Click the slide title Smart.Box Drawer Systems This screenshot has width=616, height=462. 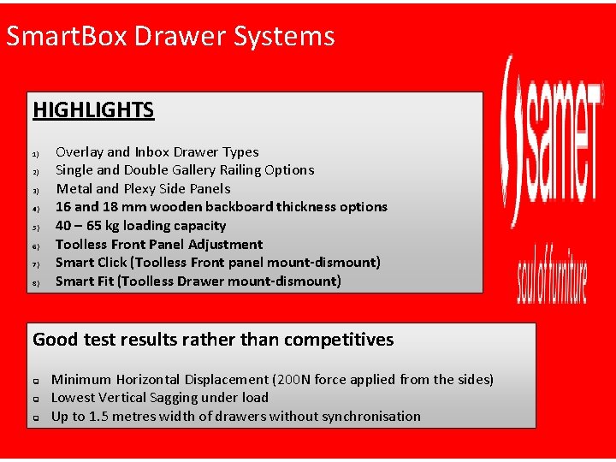[169, 36]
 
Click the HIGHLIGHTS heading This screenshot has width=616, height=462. [93, 110]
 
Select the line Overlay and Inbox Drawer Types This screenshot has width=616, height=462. [157, 152]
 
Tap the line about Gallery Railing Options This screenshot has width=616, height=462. [185, 170]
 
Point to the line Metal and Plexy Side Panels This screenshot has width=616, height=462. [143, 189]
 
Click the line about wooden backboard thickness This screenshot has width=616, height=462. [221, 207]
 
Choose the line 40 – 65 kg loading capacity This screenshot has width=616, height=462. [140, 226]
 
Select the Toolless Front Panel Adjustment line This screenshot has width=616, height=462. [159, 245]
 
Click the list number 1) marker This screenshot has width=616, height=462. [36, 154]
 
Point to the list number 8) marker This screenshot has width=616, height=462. [36, 283]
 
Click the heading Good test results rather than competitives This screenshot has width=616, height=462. [213, 340]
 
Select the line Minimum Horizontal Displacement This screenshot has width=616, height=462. [272, 379]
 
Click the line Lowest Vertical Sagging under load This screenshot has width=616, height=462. [160, 398]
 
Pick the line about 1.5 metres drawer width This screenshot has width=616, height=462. [236, 417]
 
